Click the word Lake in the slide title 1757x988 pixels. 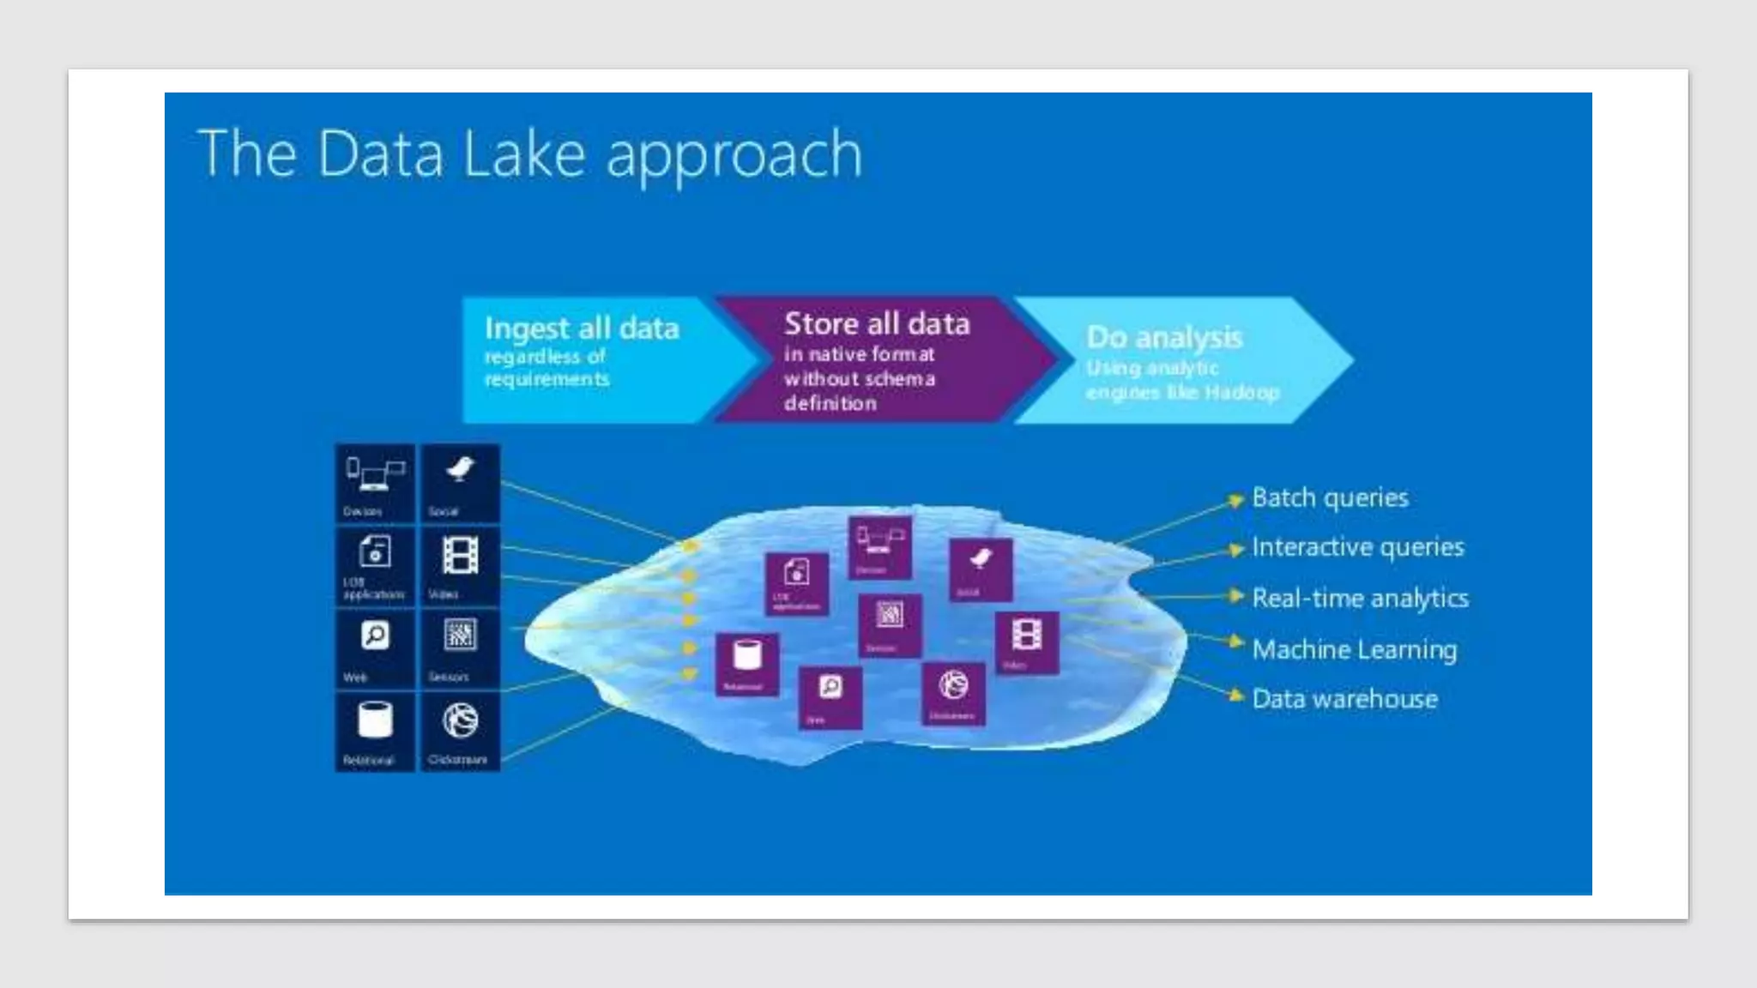(523, 154)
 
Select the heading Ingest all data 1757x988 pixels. (582, 328)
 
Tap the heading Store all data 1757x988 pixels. (877, 324)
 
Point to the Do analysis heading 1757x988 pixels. (1164, 337)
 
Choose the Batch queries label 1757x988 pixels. (1330, 497)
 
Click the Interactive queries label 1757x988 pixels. (1357, 547)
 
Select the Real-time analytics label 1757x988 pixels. (1360, 598)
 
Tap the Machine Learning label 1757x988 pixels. (1354, 649)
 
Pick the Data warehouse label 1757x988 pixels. (1344, 699)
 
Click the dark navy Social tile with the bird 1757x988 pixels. (460, 484)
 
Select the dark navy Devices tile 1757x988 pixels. (375, 484)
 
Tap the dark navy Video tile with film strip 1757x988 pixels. (460, 566)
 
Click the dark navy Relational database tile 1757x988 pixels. (375, 732)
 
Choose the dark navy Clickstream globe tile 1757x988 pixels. (460, 732)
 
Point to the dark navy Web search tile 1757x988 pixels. (375, 648)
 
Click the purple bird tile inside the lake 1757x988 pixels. (980, 569)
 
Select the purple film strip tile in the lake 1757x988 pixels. (1027, 642)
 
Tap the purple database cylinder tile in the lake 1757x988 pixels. (747, 663)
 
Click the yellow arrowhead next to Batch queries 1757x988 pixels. (1235, 499)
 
